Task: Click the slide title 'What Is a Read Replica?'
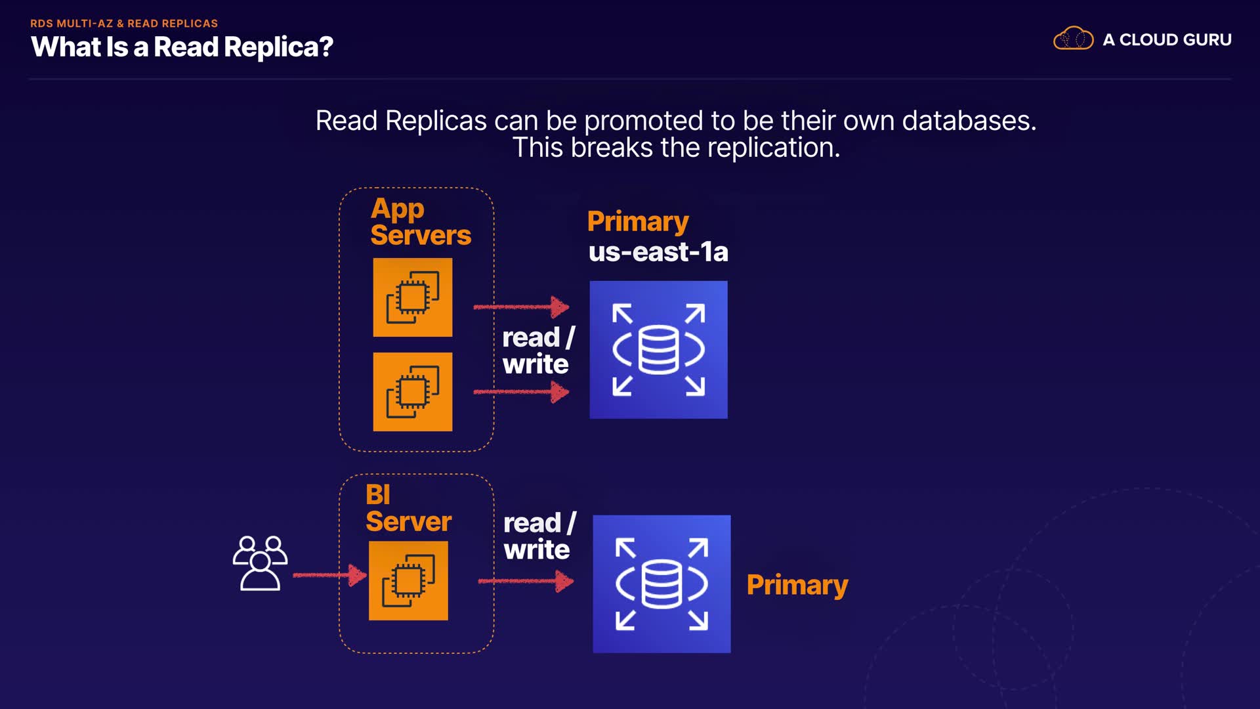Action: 182,47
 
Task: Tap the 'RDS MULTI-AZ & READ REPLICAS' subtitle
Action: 124,24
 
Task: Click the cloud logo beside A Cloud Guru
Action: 1073,39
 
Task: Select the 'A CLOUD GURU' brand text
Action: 1167,40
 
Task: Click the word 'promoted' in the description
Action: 643,121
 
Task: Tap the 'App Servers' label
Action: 420,222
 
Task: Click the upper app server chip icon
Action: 413,297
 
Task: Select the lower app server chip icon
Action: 413,392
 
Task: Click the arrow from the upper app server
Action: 521,307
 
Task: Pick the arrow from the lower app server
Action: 521,393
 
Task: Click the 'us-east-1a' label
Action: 658,252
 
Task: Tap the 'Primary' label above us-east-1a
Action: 638,222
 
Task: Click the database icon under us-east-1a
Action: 658,350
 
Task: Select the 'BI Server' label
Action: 408,508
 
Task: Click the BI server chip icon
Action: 408,581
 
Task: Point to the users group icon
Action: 260,563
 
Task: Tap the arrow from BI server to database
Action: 526,581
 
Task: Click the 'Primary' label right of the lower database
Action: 797,585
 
